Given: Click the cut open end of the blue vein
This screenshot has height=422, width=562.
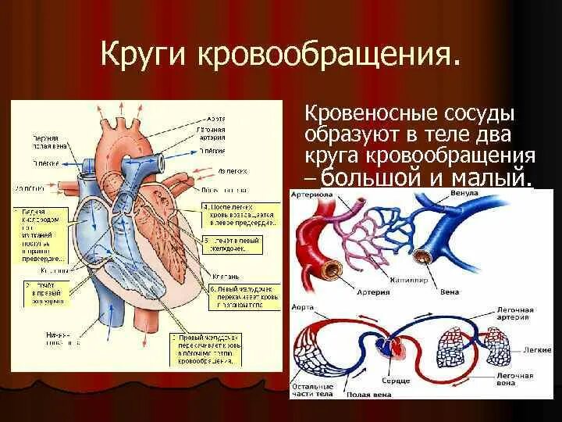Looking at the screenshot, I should click(x=424, y=256).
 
